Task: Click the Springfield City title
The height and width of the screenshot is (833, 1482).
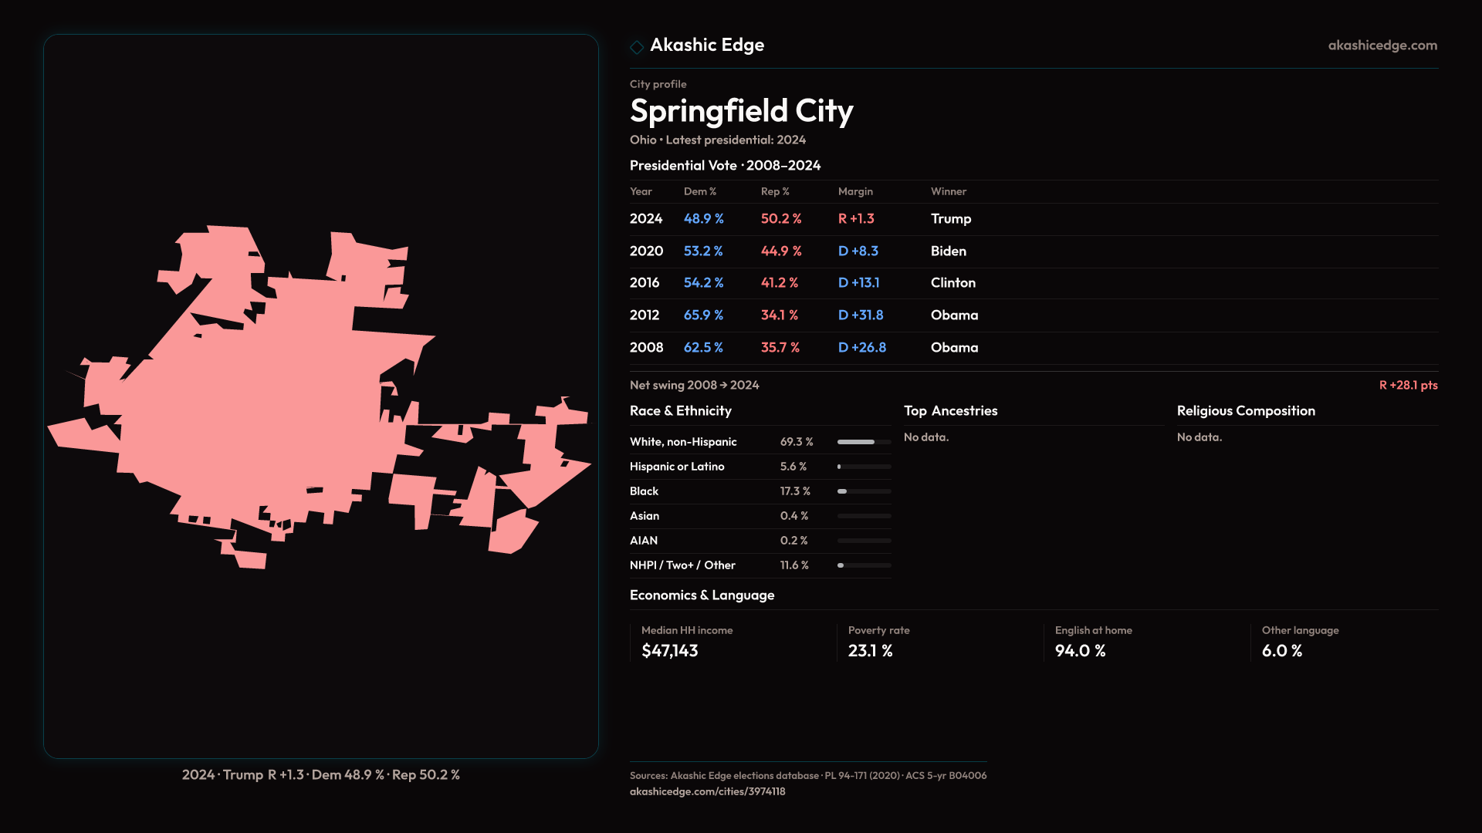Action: click(x=741, y=111)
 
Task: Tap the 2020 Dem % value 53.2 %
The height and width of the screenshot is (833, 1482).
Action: click(x=703, y=251)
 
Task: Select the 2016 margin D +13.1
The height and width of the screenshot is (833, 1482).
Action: click(x=858, y=283)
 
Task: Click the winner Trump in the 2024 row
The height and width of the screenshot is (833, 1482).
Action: click(x=950, y=219)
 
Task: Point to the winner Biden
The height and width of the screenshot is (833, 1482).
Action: click(x=948, y=251)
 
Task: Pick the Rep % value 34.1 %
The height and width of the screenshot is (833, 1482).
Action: click(x=780, y=315)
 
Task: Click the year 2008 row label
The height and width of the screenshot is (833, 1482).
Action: click(x=646, y=348)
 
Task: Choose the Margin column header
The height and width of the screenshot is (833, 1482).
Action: click(x=855, y=191)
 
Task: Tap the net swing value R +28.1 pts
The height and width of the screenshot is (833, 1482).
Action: click(x=1408, y=385)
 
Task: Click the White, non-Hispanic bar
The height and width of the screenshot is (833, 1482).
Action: click(x=864, y=442)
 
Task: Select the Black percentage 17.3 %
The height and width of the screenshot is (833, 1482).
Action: click(x=795, y=491)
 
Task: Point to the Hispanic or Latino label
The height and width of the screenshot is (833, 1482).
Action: click(x=677, y=467)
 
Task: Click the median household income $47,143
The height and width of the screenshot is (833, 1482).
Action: click(x=670, y=651)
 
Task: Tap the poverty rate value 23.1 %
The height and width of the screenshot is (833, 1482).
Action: click(x=871, y=651)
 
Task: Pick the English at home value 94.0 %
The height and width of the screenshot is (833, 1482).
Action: click(x=1080, y=651)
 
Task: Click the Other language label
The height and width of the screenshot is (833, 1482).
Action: click(x=1300, y=630)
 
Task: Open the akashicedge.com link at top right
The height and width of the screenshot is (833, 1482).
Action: click(x=1382, y=46)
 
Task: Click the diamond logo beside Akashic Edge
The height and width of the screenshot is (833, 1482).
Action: click(x=637, y=47)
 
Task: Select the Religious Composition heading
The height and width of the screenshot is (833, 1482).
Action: click(x=1246, y=411)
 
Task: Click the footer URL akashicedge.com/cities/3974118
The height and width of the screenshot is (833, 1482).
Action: click(x=707, y=791)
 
